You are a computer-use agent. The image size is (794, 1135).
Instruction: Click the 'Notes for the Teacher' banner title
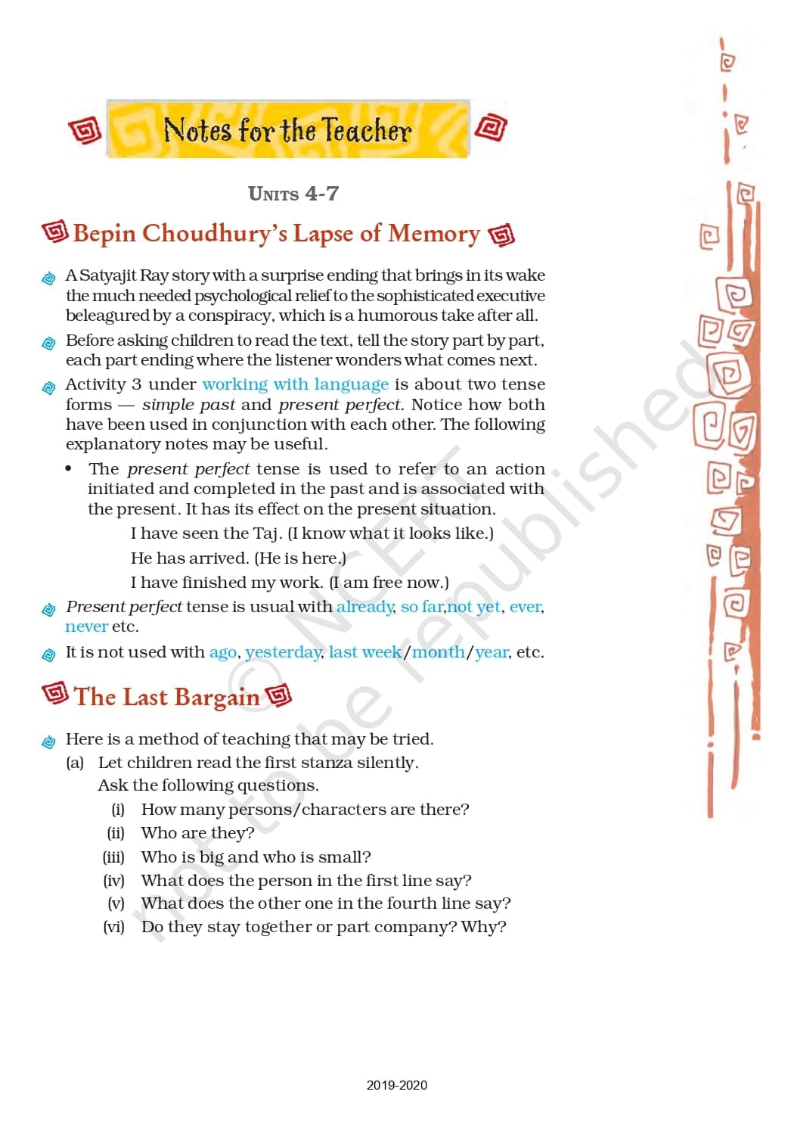287,130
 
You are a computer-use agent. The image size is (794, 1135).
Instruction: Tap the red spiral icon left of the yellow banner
85,131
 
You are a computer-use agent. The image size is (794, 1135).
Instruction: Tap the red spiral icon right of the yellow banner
490,127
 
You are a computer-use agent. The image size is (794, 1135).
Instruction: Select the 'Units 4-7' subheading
293,194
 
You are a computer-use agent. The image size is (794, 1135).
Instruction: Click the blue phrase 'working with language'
295,384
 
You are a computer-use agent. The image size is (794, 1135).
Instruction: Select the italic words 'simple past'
188,405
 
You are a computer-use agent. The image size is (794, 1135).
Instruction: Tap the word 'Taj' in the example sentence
265,533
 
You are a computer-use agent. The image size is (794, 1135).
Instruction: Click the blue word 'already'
365,607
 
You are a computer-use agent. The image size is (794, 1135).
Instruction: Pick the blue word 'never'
86,627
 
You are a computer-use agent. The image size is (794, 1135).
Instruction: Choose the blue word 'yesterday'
284,652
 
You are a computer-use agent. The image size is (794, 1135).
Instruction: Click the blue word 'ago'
222,652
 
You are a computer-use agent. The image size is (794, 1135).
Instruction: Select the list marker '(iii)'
113,857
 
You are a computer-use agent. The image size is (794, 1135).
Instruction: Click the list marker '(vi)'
113,927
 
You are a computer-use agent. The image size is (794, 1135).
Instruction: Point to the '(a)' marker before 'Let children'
75,763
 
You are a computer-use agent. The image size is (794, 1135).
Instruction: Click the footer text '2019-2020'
397,1085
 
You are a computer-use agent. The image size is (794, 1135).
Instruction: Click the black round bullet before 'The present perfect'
69,469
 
